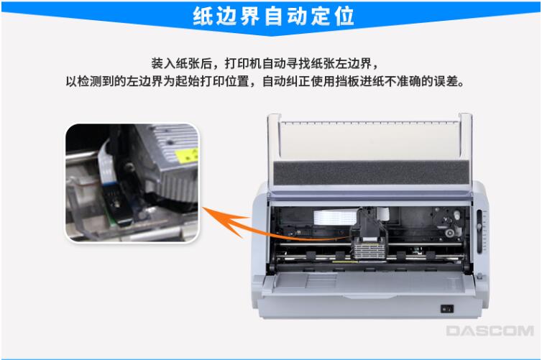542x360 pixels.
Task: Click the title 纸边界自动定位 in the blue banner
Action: [273, 16]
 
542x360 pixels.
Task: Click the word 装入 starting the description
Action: [163, 63]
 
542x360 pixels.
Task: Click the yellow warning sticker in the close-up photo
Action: [187, 154]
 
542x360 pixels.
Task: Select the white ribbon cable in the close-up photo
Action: [106, 162]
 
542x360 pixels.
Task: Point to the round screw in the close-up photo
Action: [130, 167]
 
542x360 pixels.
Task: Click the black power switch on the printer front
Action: [446, 308]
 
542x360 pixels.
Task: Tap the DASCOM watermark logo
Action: [490, 331]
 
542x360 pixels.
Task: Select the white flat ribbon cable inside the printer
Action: [335, 217]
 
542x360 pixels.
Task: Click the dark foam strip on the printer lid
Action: [371, 172]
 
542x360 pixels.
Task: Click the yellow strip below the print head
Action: [345, 262]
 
